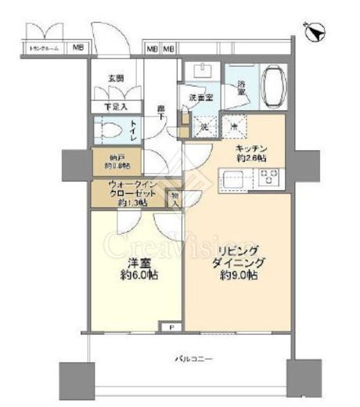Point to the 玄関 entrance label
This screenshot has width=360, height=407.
tap(116, 78)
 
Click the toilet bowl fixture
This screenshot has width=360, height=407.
tap(107, 130)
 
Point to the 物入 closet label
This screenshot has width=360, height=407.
tap(175, 200)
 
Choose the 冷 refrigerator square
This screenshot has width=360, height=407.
tap(233, 126)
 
